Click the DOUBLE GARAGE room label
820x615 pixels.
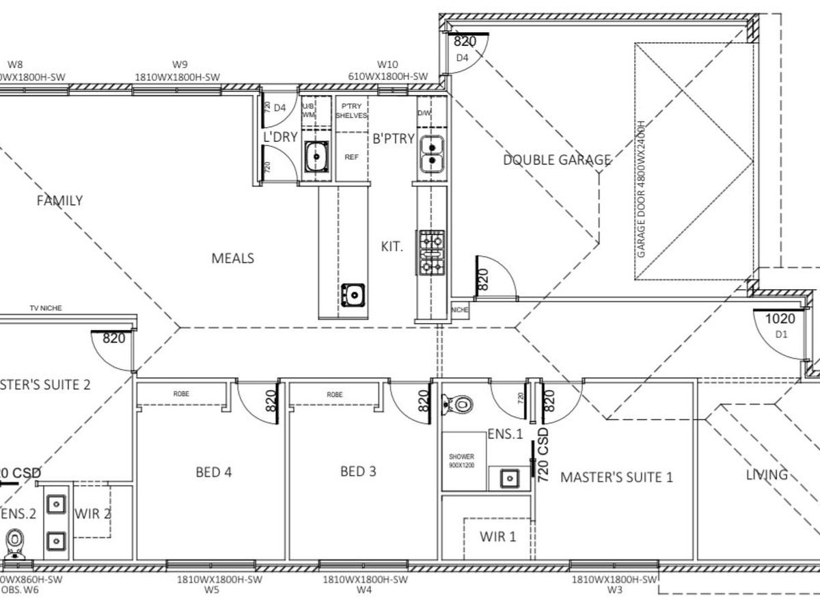557,160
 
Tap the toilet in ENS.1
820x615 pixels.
459,404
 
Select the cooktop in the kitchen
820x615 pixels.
431,251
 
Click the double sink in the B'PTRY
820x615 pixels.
430,154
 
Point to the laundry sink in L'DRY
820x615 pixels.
316,156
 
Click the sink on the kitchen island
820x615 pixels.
353,295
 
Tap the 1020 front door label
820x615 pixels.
780,318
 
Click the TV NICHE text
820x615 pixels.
45,308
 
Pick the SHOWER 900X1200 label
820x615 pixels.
461,461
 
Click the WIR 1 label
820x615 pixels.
497,537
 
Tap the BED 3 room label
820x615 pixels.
358,471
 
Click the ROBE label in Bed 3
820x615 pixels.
334,395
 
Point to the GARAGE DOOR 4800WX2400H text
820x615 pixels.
641,189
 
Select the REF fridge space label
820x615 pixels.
351,157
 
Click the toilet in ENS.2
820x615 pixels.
14,545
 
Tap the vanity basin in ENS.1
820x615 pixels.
508,478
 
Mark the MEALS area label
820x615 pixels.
232,258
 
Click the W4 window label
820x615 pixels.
364,591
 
